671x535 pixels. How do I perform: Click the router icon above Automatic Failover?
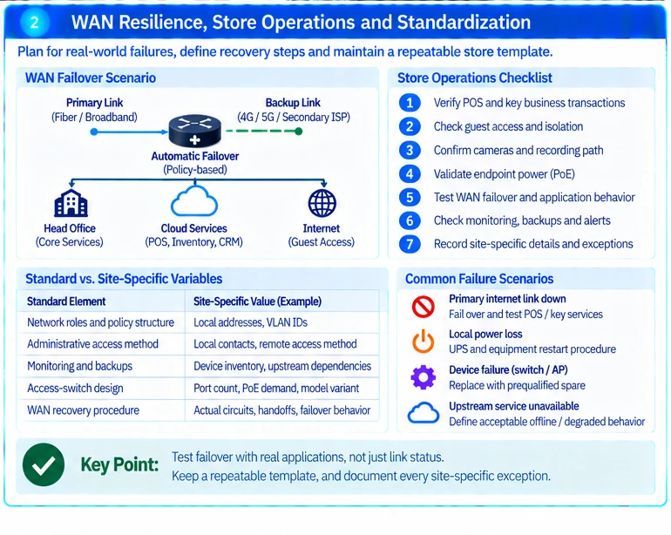pos(194,131)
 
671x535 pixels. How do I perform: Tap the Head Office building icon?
pos(71,203)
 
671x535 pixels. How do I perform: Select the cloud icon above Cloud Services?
pos(194,201)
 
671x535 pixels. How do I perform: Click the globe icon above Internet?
pos(322,203)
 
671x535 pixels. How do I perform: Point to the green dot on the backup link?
pos(299,131)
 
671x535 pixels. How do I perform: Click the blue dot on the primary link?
pos(94,132)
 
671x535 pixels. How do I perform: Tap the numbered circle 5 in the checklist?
pos(410,197)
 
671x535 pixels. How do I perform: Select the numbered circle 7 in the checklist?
pos(410,244)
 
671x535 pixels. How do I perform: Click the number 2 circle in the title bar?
pos(35,23)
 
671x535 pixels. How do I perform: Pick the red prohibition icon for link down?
pos(424,307)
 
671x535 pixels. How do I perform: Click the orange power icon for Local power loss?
pos(424,342)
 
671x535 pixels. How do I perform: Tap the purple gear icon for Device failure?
pos(424,377)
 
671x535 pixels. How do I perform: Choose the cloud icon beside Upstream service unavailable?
pos(424,413)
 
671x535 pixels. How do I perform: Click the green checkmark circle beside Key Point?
pos(44,464)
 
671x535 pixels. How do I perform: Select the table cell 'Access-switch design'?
pos(75,389)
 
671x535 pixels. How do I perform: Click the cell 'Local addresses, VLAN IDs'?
pos(250,322)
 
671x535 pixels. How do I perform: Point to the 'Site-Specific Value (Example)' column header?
pos(257,301)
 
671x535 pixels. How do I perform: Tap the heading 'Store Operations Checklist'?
pos(475,78)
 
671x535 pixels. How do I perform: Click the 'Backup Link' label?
pos(293,103)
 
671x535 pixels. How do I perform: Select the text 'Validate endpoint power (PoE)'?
pos(504,174)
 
